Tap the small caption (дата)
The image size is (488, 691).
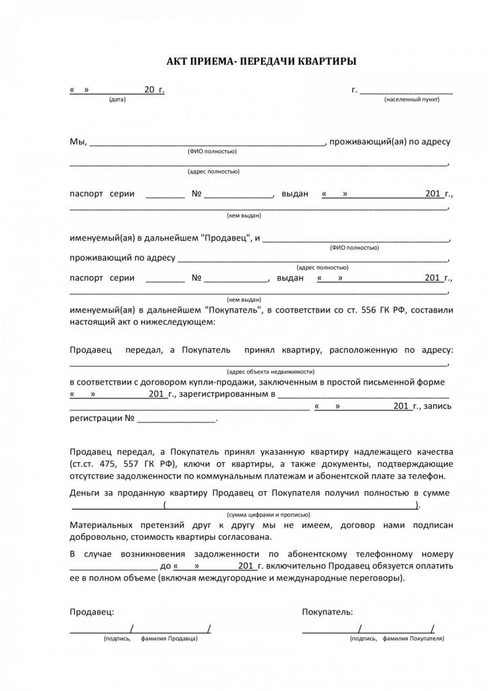point(117,99)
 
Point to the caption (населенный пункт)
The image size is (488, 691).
point(412,99)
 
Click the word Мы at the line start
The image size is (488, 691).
point(78,142)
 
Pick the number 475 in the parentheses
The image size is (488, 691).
point(109,464)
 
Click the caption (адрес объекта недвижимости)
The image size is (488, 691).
point(271,372)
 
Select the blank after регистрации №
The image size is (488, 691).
point(176,419)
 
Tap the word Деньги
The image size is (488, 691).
point(85,493)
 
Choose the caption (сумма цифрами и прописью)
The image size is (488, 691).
point(261,514)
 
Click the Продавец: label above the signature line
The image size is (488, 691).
point(92,611)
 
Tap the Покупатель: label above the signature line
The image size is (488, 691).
point(327,611)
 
